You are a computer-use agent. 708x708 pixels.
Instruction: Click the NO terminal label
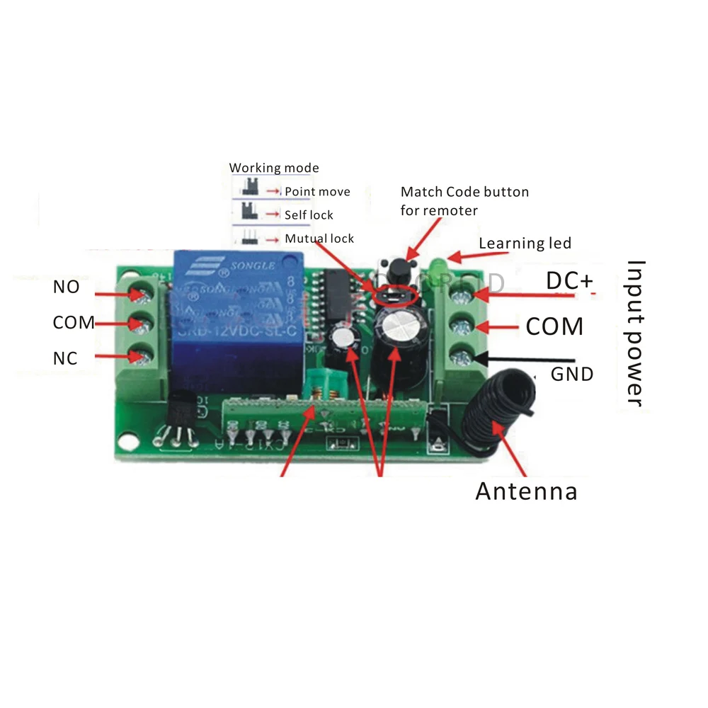pyautogui.click(x=66, y=287)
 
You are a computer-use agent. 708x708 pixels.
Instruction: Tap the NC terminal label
pyautogui.click(x=64, y=358)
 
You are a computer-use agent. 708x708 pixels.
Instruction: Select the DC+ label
pyautogui.click(x=570, y=281)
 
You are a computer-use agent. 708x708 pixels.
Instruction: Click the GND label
pyautogui.click(x=572, y=373)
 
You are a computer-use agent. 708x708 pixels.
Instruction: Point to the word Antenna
pyautogui.click(x=526, y=491)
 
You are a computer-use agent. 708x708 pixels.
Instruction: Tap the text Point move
pyautogui.click(x=317, y=192)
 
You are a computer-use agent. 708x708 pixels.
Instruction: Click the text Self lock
pyautogui.click(x=309, y=215)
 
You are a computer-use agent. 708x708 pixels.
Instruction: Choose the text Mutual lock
pyautogui.click(x=319, y=239)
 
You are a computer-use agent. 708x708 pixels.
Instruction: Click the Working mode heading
pyautogui.click(x=274, y=168)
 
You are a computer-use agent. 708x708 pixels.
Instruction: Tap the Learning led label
pyautogui.click(x=525, y=244)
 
